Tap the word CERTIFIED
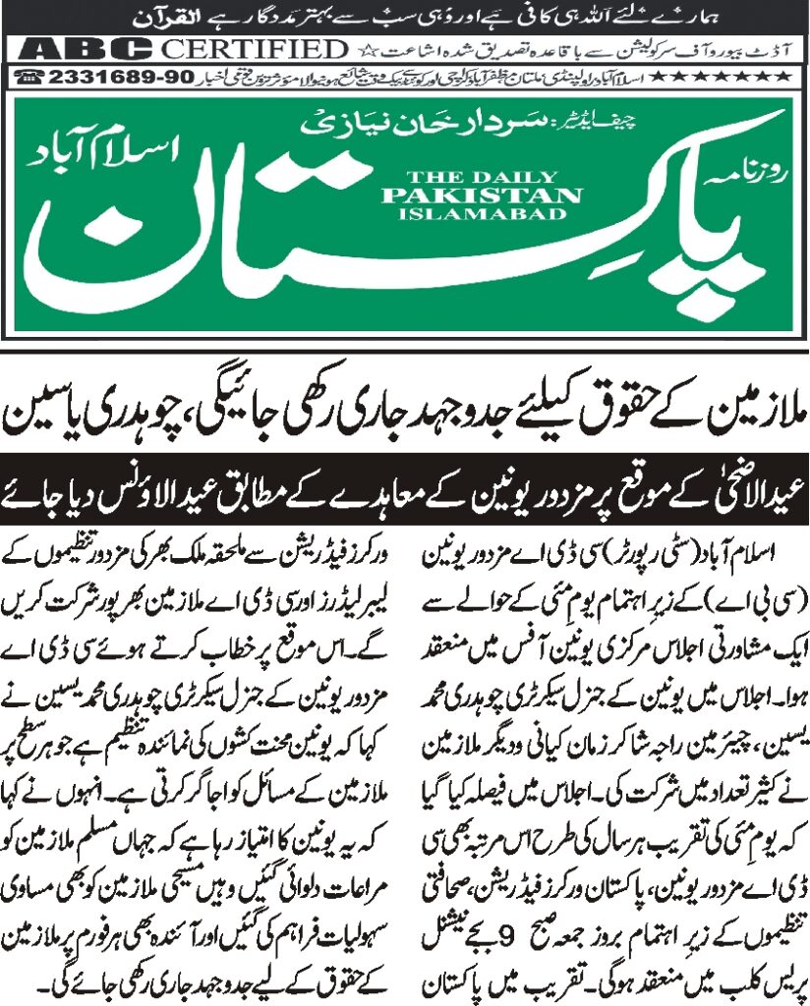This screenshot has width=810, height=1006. click(256, 49)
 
